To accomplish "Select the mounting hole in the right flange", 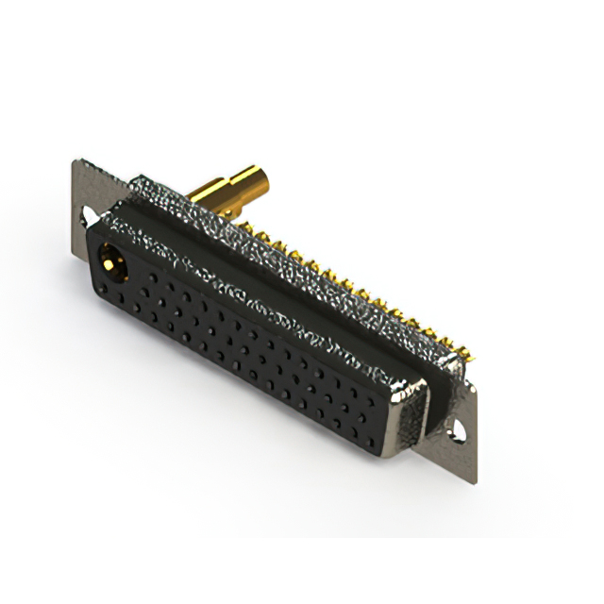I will (x=459, y=428).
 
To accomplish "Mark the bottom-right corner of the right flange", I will (x=473, y=482).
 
